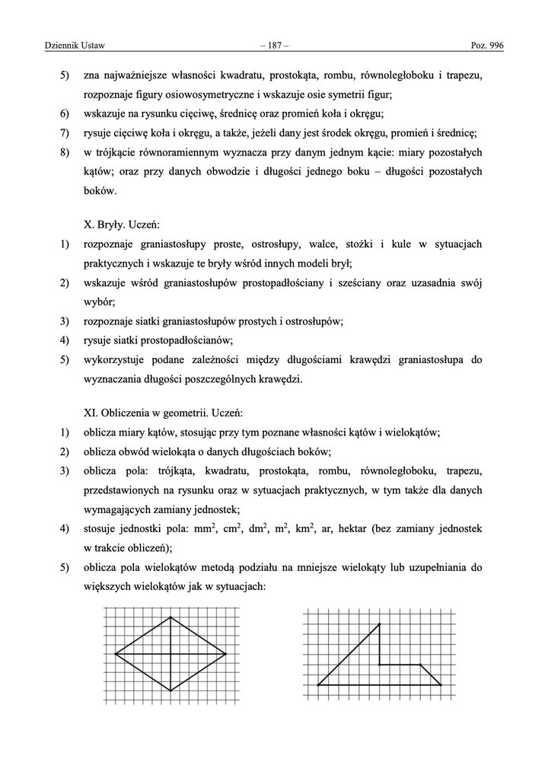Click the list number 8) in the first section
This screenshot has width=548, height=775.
point(65,153)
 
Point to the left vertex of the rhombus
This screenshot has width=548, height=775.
point(116,653)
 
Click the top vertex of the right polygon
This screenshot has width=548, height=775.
point(379,624)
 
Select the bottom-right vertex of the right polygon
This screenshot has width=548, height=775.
point(441,685)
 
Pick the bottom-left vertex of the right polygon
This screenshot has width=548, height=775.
point(318,685)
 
